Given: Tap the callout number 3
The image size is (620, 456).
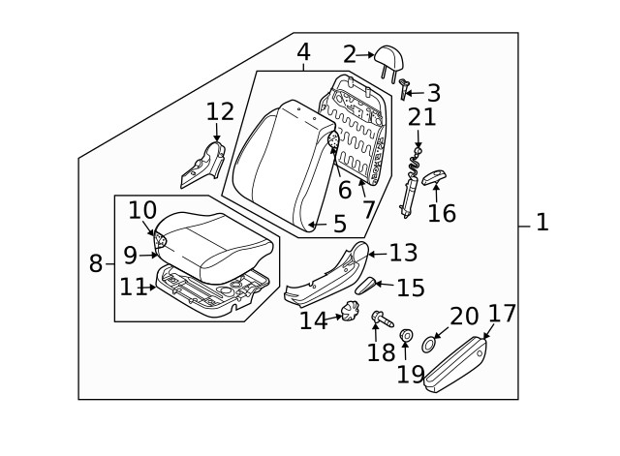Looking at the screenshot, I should [x=433, y=94].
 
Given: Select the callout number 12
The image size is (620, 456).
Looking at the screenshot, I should [x=220, y=112].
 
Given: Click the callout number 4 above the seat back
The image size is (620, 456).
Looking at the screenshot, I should [x=302, y=51].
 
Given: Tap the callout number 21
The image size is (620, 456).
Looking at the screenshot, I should [x=421, y=118].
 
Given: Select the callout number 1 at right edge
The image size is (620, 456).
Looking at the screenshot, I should [x=542, y=223].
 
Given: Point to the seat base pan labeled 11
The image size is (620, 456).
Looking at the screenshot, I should [x=213, y=290].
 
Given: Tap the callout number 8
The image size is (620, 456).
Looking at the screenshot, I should [x=96, y=262].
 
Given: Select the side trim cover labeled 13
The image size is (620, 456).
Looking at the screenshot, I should [x=325, y=276].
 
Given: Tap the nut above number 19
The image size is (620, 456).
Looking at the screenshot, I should [x=406, y=336].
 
